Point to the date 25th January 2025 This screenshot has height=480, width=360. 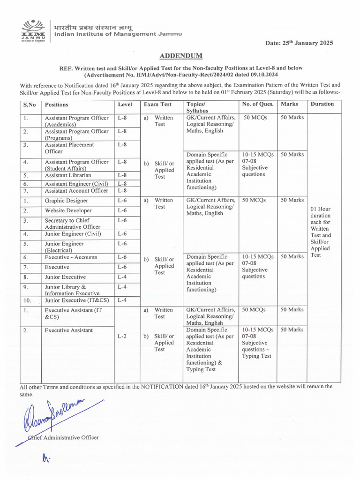[300, 43]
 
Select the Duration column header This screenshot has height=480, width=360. [322, 104]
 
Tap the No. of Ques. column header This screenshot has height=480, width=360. [257, 104]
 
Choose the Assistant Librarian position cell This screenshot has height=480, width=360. [68, 175]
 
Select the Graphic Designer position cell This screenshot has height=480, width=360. [66, 201]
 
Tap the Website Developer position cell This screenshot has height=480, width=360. [68, 210]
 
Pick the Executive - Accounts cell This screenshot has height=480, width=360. [71, 257]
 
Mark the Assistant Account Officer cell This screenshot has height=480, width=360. [76, 191]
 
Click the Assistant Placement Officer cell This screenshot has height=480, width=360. [69, 148]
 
